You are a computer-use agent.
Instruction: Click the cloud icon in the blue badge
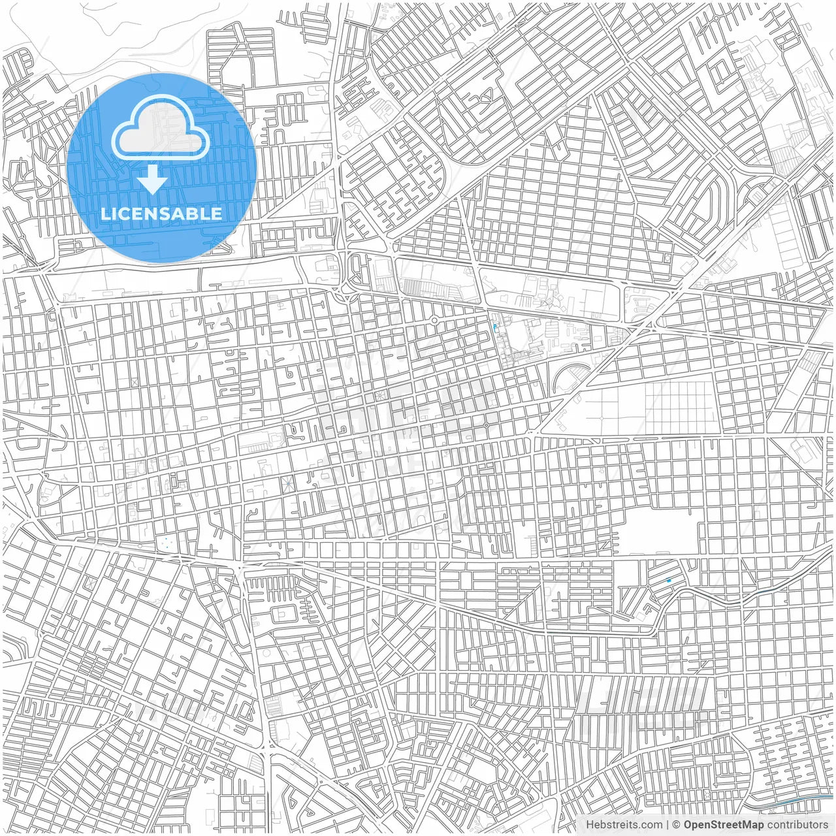tap(161, 127)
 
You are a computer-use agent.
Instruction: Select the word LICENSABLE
tap(161, 214)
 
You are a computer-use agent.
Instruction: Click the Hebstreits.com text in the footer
tap(624, 825)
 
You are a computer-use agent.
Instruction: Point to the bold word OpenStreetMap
tap(724, 825)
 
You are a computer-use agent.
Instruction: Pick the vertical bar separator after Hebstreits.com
tap(667, 825)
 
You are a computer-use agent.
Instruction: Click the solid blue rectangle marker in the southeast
tap(668, 580)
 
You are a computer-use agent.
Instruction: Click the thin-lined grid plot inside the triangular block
tap(679, 408)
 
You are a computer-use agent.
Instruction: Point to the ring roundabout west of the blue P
tap(434, 320)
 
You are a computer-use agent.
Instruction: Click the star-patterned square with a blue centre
tap(286, 484)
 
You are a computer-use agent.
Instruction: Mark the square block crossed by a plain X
tap(135, 382)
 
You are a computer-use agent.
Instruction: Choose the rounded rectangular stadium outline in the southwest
tap(283, 614)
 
